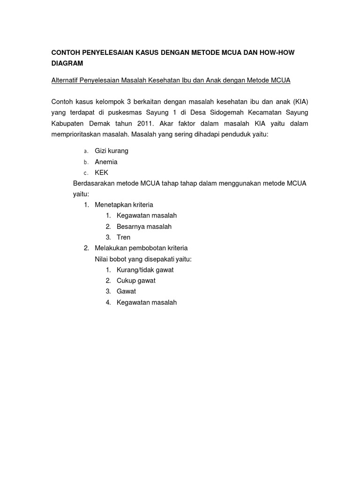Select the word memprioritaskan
coord(76,135)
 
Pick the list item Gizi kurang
coord(112,151)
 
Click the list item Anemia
coord(106,162)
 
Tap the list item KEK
coord(101,172)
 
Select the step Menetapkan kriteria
coord(124,205)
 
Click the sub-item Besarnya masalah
coord(144,226)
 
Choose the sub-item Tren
coord(123,237)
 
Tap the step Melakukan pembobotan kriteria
coord(141,248)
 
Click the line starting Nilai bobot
coord(143,259)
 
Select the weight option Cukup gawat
coord(136,281)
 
